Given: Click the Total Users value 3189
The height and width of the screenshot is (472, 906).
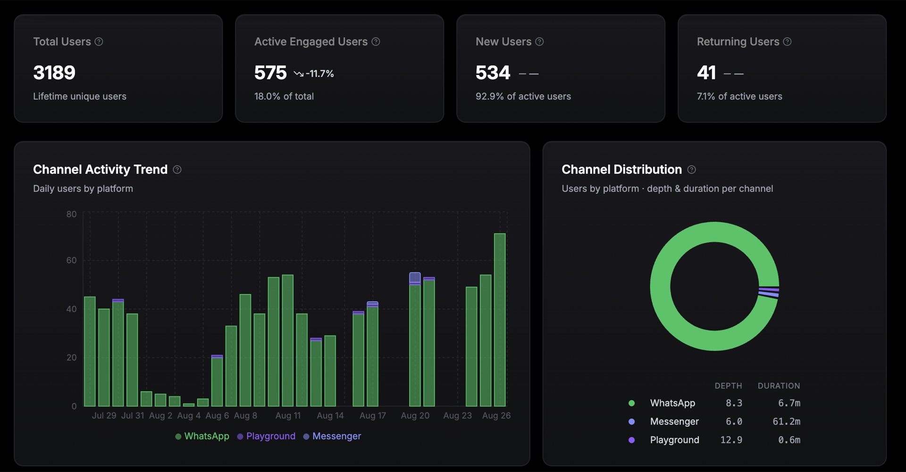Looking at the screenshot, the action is [x=54, y=73].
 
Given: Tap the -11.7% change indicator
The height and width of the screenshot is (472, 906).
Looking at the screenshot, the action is [x=314, y=74].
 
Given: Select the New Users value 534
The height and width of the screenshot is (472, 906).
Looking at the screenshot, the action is [x=493, y=73].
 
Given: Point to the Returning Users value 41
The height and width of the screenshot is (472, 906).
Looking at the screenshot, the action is [x=706, y=73].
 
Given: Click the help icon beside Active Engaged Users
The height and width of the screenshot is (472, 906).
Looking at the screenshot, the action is [x=376, y=42].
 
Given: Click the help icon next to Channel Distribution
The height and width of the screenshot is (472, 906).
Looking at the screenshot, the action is [x=691, y=169].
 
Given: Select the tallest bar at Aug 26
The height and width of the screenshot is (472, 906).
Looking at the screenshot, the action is [x=500, y=320].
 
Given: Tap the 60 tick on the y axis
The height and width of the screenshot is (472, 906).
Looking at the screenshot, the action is [x=71, y=260].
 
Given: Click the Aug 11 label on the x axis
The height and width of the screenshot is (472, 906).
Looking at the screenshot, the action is [x=288, y=415].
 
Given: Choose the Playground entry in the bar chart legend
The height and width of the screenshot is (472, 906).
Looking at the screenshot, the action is [x=266, y=436].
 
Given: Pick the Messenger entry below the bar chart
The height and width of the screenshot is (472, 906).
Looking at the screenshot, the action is [x=332, y=436].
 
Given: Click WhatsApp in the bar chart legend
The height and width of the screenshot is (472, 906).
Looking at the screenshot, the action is [x=202, y=436].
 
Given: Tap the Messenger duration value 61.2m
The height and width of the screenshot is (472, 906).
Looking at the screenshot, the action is [x=786, y=421].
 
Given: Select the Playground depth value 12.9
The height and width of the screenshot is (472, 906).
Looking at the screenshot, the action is [x=731, y=440].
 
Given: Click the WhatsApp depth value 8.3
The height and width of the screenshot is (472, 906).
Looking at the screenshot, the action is [x=734, y=403].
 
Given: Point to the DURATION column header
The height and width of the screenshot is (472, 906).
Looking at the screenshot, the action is [x=779, y=386].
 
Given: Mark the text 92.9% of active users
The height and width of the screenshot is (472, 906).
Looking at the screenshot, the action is [x=523, y=96].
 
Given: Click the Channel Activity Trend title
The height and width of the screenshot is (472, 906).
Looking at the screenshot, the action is [x=100, y=169].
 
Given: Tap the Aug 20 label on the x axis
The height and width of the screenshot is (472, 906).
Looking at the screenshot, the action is [x=415, y=415].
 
